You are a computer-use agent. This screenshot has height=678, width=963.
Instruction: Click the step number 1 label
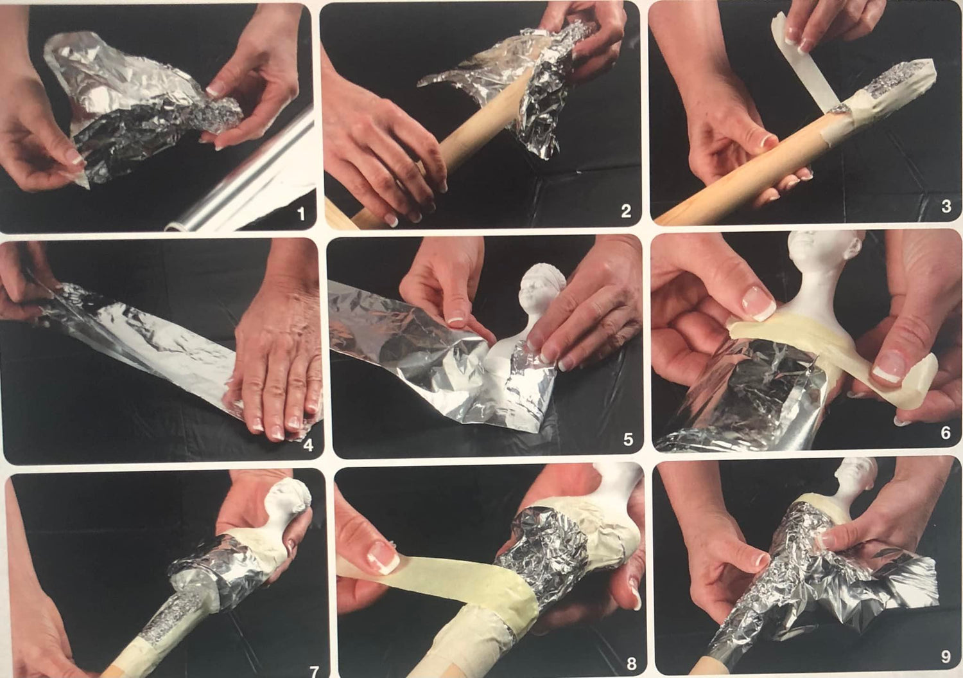click(301, 214)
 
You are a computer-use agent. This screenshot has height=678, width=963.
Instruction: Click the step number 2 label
click(626, 211)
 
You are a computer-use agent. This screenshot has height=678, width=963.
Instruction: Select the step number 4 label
click(308, 445)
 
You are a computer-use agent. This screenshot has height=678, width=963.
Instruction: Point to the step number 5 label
click(628, 439)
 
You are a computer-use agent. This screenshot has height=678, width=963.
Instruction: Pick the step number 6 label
click(945, 433)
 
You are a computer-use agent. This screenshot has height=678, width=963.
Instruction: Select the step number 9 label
click(946, 657)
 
